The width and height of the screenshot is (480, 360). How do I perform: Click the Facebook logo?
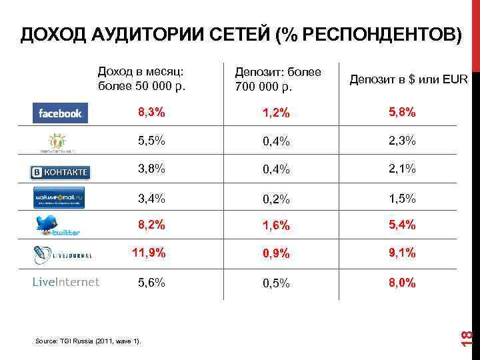(x=60, y=113)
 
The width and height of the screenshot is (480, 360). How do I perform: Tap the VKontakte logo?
(x=60, y=171)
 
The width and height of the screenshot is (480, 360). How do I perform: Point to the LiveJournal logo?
(x=62, y=255)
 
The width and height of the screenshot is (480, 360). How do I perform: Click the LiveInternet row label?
(x=65, y=282)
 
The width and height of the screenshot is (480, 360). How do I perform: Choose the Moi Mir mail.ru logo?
(x=60, y=198)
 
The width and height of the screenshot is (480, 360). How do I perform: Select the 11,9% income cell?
(x=149, y=253)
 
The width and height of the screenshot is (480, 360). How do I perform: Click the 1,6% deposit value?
(x=275, y=226)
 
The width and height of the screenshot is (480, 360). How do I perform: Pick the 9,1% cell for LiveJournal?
(x=402, y=253)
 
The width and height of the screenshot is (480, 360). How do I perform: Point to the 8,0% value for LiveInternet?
(x=402, y=283)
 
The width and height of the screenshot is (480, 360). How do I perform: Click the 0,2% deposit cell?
(x=275, y=198)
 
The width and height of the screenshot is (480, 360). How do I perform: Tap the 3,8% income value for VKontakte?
(x=151, y=169)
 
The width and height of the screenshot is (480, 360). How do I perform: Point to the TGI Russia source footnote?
(x=87, y=341)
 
